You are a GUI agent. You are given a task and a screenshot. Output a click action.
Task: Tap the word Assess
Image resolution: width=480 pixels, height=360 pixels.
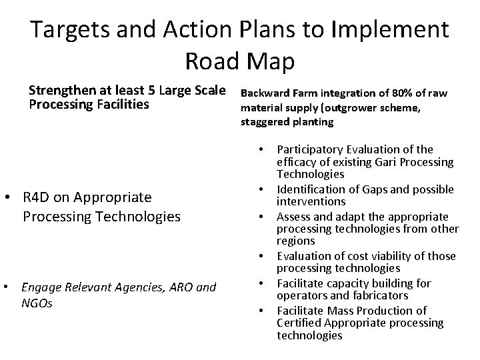click(293, 216)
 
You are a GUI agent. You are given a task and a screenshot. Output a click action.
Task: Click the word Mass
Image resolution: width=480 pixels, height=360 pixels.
click(342, 310)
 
